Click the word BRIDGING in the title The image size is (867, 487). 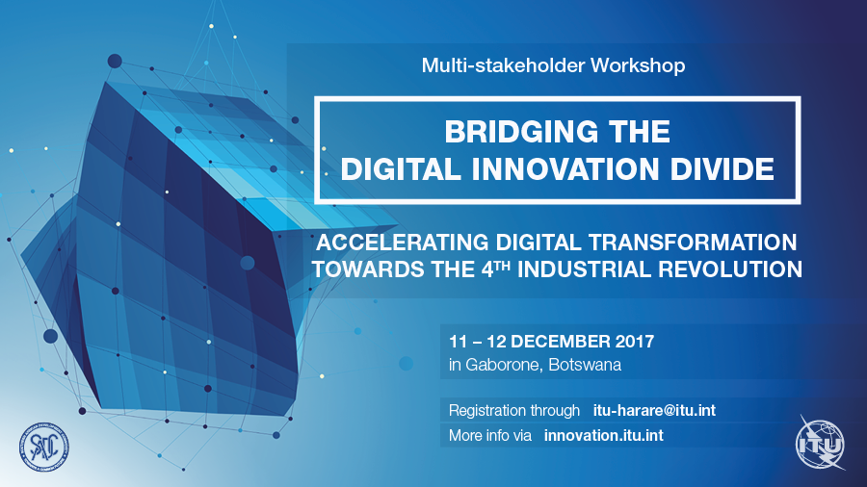pos(521,133)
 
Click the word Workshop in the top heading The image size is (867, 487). pos(638,65)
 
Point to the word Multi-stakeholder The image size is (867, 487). pos(503,65)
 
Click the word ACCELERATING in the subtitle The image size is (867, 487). pos(402,243)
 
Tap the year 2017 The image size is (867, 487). pos(634,342)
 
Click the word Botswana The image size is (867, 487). pos(585,365)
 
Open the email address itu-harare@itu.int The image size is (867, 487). pos(654,410)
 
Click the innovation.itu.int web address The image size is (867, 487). pos(604,436)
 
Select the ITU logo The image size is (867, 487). pos(820,443)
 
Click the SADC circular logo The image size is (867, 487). pos(43,448)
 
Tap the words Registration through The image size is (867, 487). pos(514,411)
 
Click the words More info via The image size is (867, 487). pos(490,436)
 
